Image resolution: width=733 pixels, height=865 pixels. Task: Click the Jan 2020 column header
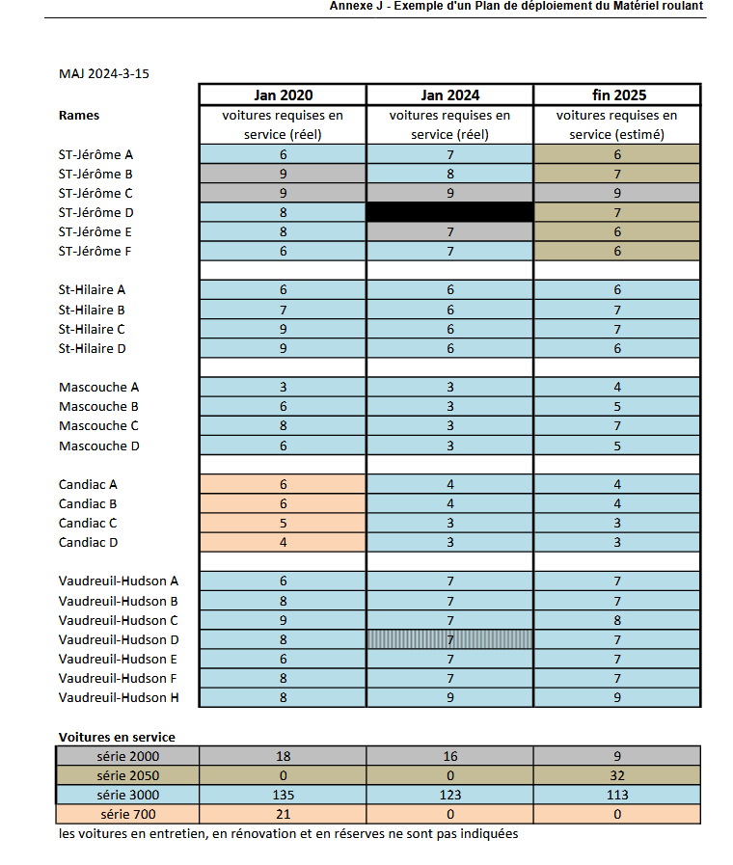(283, 95)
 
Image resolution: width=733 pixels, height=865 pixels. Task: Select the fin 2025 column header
(617, 95)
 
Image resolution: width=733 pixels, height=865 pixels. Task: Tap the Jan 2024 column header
(449, 95)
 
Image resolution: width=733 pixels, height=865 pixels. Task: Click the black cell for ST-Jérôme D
(449, 212)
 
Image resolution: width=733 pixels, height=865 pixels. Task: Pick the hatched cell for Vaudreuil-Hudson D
(449, 639)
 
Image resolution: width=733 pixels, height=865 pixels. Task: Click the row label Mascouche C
(98, 425)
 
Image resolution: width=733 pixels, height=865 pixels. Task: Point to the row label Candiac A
(88, 484)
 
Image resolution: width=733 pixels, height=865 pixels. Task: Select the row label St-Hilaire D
(92, 348)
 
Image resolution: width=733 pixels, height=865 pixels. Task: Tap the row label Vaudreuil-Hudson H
(119, 697)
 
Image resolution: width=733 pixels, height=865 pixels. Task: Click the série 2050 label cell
(128, 775)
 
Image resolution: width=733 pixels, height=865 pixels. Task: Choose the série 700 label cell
(128, 814)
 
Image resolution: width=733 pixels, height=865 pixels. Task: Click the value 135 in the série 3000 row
(283, 795)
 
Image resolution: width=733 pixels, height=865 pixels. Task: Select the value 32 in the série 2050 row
(617, 775)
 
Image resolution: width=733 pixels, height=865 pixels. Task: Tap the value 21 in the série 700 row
(283, 814)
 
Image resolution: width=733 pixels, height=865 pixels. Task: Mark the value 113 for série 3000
(617, 795)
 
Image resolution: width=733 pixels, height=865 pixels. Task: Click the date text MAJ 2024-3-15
(104, 73)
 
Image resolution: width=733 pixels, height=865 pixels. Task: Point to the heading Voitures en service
(117, 737)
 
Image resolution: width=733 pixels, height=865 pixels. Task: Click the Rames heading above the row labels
(79, 116)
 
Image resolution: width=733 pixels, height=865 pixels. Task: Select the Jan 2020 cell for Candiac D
(283, 542)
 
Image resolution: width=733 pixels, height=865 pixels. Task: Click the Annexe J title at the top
(516, 6)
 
